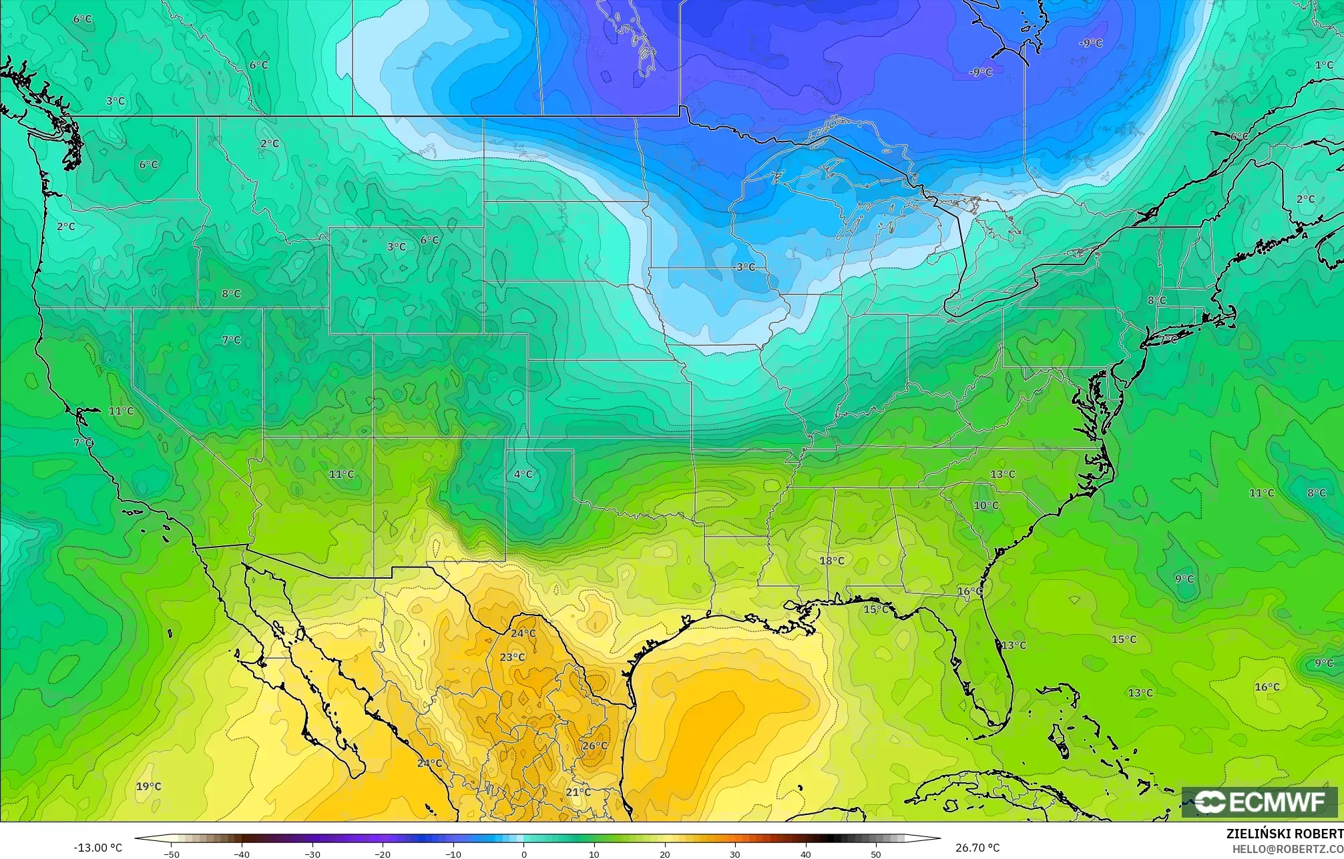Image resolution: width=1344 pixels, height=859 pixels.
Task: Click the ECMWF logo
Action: [1259, 802]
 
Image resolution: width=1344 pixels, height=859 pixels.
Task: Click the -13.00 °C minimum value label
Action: [97, 848]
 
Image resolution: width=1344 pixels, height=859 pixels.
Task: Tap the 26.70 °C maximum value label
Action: [977, 848]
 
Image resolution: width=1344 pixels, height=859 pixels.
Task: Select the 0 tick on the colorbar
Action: [523, 854]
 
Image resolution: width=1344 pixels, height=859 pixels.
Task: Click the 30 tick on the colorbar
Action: [734, 854]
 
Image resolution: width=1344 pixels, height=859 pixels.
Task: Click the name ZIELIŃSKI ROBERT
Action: [1285, 834]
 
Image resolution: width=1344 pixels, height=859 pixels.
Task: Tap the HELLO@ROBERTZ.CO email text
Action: [1287, 849]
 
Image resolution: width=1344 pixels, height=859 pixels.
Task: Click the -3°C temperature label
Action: [744, 267]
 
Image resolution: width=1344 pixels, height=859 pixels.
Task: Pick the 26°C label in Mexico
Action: [594, 746]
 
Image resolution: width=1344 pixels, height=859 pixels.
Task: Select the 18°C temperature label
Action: [832, 561]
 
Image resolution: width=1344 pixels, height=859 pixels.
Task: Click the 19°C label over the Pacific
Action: [148, 786]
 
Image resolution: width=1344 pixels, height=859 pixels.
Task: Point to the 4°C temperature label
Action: [523, 475]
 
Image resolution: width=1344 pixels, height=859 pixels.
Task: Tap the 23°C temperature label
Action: [512, 657]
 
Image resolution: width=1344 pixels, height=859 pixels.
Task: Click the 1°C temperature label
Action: [1324, 65]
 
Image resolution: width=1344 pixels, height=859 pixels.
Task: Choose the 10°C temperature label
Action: [985, 505]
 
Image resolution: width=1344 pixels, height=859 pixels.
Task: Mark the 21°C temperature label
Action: [578, 792]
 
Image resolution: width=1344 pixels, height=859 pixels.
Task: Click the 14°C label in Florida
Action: [1013, 645]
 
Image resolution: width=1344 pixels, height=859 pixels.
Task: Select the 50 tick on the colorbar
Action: [875, 854]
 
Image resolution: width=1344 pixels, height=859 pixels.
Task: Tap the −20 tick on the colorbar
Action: [383, 854]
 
